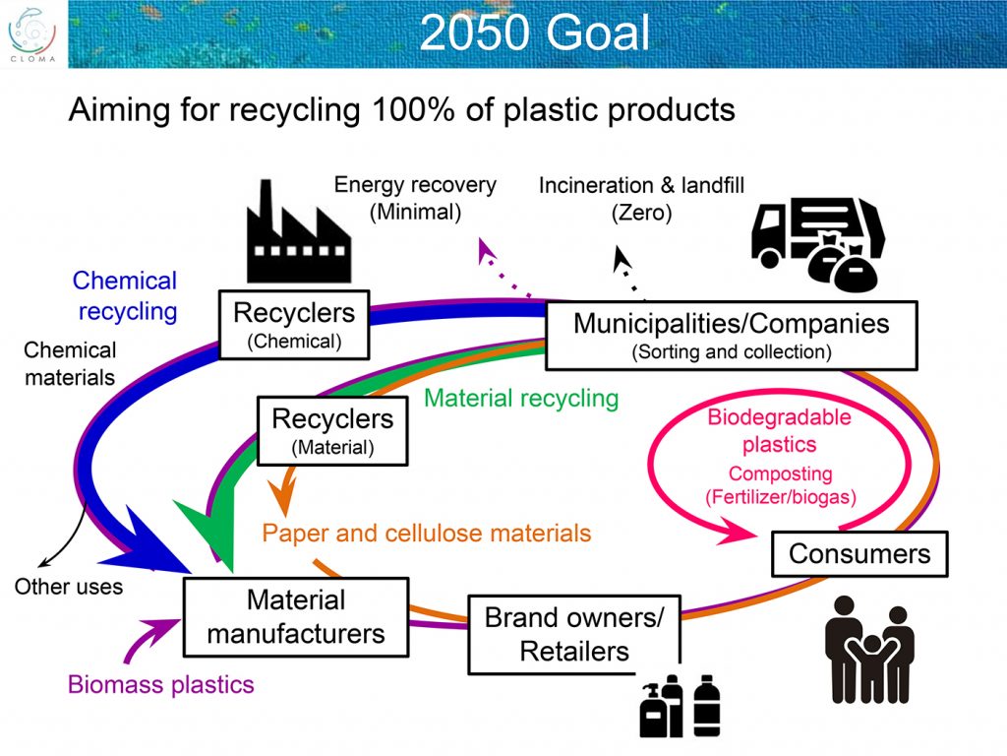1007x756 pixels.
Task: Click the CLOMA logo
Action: [x=32, y=34]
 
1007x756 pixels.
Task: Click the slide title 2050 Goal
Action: [x=534, y=32]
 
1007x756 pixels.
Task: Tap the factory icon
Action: [x=299, y=231]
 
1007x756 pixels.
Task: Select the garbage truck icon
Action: [x=818, y=244]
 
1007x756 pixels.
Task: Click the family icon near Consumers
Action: [x=869, y=650]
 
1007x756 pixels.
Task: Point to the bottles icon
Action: [x=681, y=706]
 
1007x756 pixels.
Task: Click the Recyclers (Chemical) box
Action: [x=294, y=325]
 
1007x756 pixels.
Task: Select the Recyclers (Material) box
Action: [x=332, y=431]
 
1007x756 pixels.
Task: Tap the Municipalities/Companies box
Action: [x=732, y=336]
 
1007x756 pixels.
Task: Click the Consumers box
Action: [x=859, y=553]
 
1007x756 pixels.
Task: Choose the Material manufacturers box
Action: [x=296, y=617]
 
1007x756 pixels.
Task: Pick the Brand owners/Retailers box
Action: [x=574, y=635]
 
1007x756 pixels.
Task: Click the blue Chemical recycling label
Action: [x=125, y=295]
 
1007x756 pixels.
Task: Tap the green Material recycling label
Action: [x=521, y=399]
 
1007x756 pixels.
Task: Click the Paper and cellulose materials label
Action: [x=427, y=534]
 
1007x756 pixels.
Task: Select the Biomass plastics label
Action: [x=161, y=685]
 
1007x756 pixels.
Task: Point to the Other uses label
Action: [x=69, y=587]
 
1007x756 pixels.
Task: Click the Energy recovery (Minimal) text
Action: [x=416, y=198]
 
